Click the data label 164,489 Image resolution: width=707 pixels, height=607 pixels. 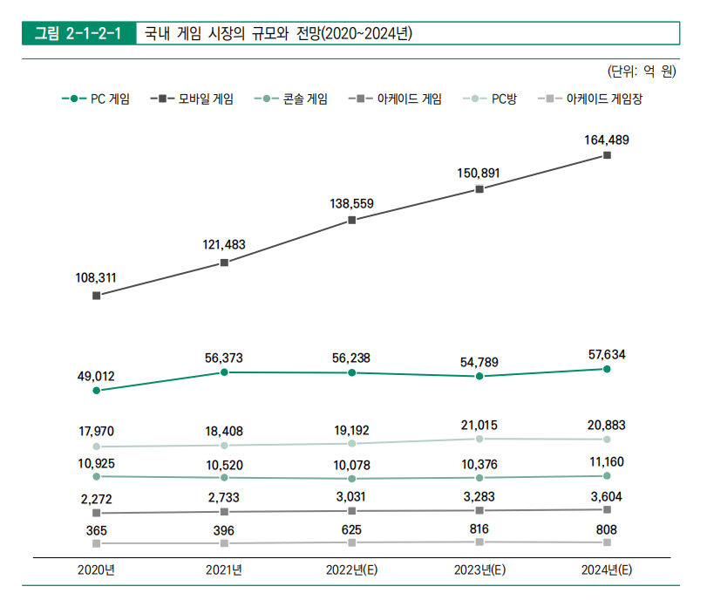coord(607,140)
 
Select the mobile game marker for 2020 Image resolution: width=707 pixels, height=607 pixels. coord(96,296)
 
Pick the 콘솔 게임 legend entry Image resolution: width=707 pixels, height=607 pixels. coord(296,99)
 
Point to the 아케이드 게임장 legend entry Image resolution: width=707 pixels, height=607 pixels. coord(592,99)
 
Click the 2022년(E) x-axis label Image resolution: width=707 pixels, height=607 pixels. coord(351,570)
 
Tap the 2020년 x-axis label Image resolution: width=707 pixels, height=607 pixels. coord(96,570)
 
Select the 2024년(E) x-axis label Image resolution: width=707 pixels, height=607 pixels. coord(607,570)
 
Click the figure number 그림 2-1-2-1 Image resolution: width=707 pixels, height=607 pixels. coord(78,34)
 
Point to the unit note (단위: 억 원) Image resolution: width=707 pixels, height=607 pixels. coord(641,72)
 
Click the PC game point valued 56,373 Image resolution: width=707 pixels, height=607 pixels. coord(224,372)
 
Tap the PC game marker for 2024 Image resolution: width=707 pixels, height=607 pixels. coord(607,369)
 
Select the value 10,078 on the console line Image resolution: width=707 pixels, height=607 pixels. coord(351,465)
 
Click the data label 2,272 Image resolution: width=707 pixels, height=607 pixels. coord(96,499)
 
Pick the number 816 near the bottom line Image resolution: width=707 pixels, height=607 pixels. coord(479,529)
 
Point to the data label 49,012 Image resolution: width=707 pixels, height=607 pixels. coord(96,376)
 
